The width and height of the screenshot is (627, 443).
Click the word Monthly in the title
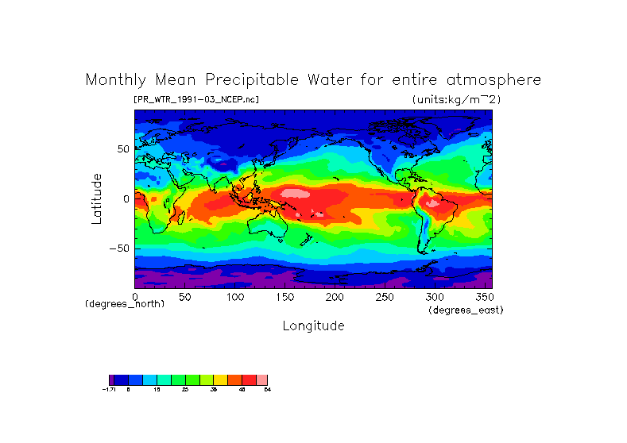114,80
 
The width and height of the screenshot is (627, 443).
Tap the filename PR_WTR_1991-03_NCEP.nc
196,99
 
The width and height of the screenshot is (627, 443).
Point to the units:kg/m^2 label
456,99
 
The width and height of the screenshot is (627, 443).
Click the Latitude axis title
96,198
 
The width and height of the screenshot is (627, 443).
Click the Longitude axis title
313,326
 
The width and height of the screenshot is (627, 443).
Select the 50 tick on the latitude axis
122,149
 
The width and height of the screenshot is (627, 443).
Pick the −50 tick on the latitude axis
119,248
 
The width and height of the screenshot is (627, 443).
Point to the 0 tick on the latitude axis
126,198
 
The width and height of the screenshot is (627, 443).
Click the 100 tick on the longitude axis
234,297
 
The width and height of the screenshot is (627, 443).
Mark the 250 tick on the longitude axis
384,297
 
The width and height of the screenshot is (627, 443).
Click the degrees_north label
125,304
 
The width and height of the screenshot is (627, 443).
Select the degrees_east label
466,310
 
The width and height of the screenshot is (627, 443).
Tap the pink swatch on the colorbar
261,379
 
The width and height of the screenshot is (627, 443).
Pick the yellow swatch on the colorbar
220,379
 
